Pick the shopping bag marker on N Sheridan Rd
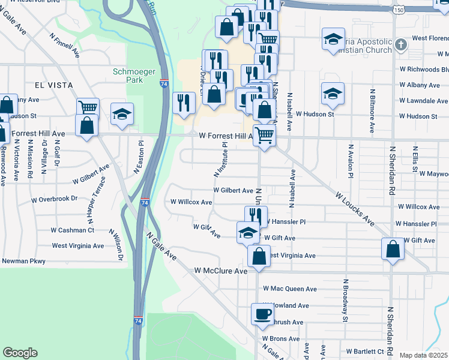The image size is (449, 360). [x=392, y=248]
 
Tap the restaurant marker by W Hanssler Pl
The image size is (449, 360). [x=256, y=216]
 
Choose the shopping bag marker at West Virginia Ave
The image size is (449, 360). [x=258, y=255]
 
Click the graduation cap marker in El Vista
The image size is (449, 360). [x=122, y=113]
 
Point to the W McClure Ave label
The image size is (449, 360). [x=221, y=271]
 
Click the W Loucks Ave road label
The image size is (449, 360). [x=355, y=209]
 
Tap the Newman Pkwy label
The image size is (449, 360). [x=23, y=261]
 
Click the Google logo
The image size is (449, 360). [x=20, y=353]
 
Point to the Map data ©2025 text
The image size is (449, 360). [x=423, y=355]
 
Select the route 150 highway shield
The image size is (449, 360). [x=400, y=11]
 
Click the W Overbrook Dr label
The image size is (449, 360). [x=55, y=198]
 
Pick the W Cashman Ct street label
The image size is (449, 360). [x=72, y=230]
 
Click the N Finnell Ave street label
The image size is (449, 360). [x=65, y=44]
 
